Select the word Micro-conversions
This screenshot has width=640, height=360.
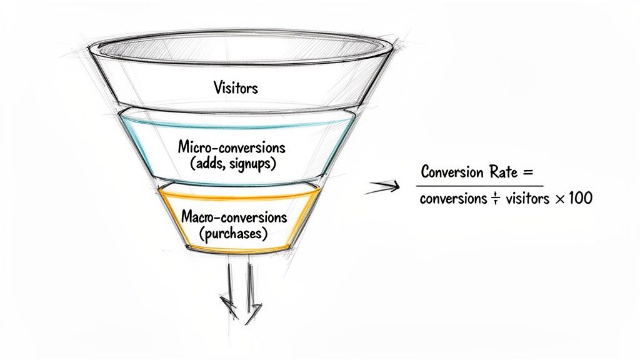pos(232,148)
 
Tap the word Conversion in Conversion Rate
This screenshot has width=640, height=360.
pos(457,172)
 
